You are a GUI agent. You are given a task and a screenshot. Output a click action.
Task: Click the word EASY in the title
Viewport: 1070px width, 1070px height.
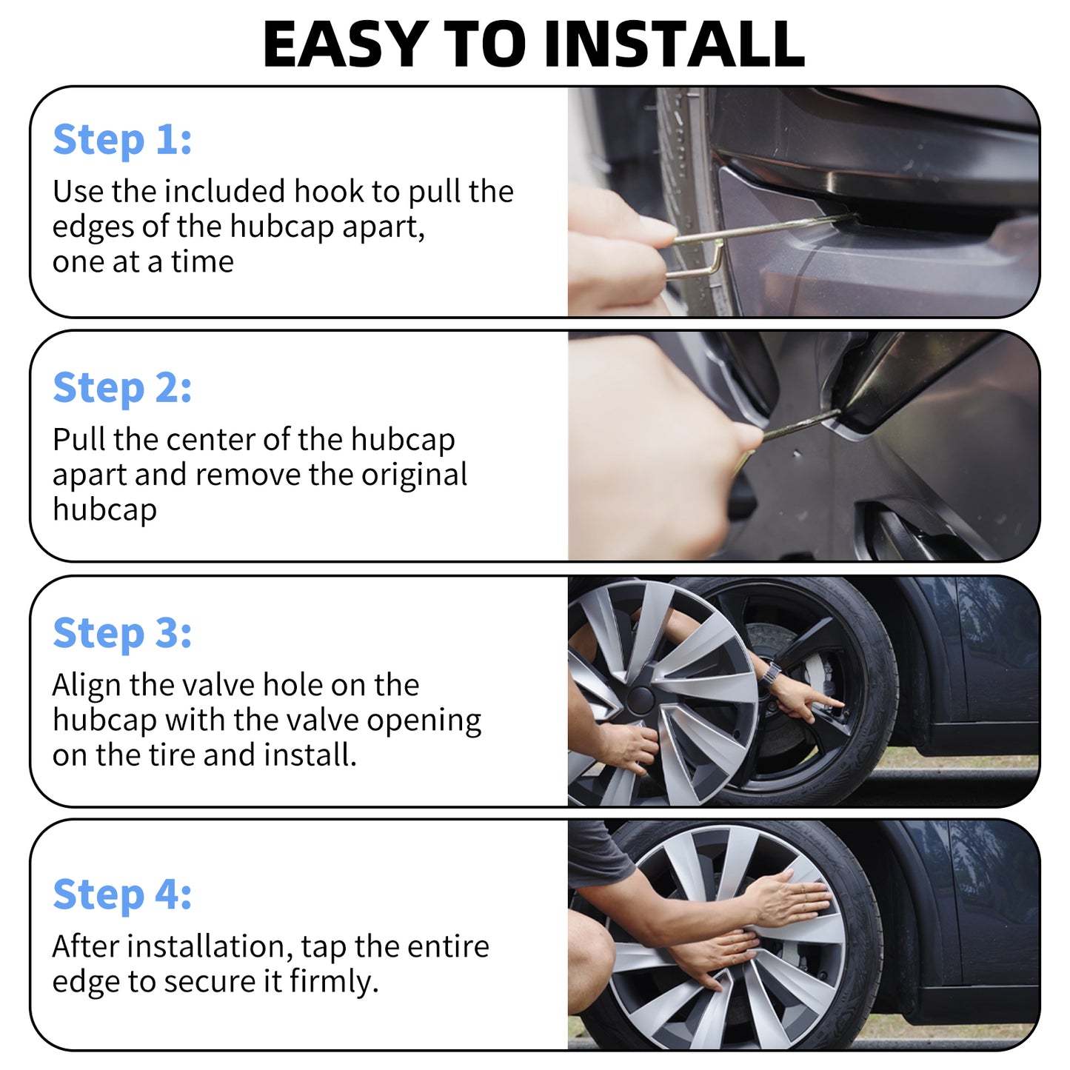pyautogui.click(x=345, y=44)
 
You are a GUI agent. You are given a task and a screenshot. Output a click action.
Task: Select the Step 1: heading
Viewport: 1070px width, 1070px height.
pyautogui.click(x=122, y=140)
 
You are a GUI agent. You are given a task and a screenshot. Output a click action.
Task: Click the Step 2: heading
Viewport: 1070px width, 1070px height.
pyautogui.click(x=122, y=388)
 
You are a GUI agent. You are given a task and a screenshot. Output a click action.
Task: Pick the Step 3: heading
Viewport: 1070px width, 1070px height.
pyautogui.click(x=122, y=634)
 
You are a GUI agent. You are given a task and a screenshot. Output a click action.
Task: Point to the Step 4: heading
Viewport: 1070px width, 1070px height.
pyautogui.click(x=122, y=895)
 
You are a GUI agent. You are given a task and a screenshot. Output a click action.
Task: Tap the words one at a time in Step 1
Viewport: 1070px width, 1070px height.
pyautogui.click(x=143, y=261)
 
